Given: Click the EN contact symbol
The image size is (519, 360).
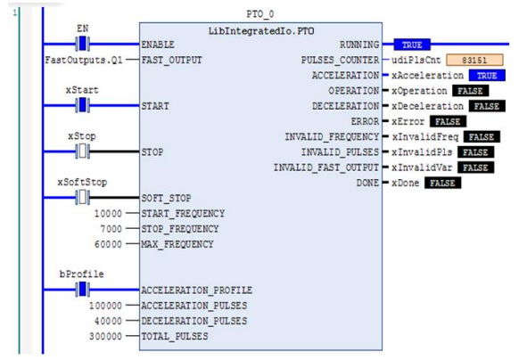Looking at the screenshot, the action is (x=82, y=44).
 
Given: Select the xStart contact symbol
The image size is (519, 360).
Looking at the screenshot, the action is (x=82, y=105).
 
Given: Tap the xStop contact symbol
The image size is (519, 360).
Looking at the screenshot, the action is (x=82, y=151).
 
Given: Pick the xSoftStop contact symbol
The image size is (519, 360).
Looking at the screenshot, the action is (x=82, y=198).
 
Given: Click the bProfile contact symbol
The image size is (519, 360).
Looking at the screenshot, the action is (x=82, y=290).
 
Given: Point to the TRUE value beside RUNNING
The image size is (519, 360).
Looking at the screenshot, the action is (x=412, y=45).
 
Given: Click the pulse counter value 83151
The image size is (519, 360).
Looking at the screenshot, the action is (x=474, y=60).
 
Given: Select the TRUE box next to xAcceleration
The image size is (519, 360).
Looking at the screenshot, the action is (x=487, y=75).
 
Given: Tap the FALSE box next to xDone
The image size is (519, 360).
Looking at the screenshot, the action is (x=443, y=183).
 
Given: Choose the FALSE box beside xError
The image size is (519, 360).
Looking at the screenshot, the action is (x=448, y=121).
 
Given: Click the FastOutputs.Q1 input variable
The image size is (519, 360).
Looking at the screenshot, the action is (x=84, y=60).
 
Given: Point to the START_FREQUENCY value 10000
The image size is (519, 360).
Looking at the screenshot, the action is (x=108, y=214).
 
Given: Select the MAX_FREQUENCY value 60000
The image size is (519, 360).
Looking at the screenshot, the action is (x=108, y=244).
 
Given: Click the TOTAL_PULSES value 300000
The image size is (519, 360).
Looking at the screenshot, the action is (x=105, y=336).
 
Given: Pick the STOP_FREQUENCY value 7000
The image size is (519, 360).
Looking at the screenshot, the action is (x=111, y=229).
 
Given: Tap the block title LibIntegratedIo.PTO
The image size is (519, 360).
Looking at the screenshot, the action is (x=261, y=31).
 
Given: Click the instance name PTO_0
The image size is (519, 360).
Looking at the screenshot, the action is (x=260, y=14).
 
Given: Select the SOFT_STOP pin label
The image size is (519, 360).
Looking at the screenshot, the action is (x=166, y=198).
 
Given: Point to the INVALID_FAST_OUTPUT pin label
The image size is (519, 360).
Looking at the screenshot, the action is (x=326, y=168).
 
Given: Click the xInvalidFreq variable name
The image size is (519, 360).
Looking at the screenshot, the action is (x=425, y=137).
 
